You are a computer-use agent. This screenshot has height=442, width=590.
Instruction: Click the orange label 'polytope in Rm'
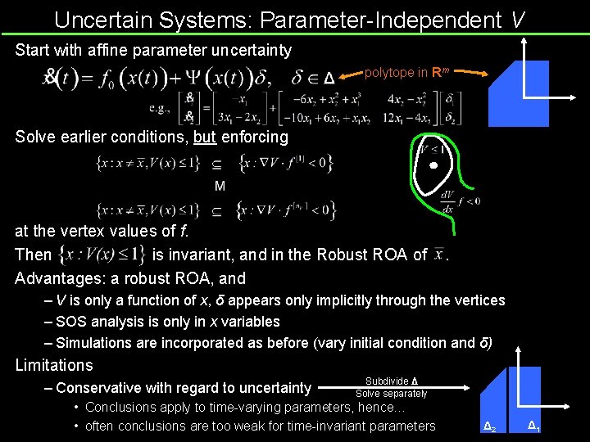click(x=406, y=73)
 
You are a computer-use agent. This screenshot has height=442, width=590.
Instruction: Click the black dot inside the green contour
click(x=434, y=166)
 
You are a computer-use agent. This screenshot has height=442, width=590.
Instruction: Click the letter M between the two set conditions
click(x=220, y=187)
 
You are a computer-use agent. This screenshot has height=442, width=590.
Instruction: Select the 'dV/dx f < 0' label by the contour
click(x=460, y=201)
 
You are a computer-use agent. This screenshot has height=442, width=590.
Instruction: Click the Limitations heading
click(x=54, y=365)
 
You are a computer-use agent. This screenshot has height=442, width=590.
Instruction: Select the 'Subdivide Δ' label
click(x=392, y=381)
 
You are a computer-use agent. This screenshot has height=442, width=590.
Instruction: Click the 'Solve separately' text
click(x=391, y=394)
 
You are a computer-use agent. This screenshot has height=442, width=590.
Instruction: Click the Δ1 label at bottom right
click(x=533, y=425)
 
